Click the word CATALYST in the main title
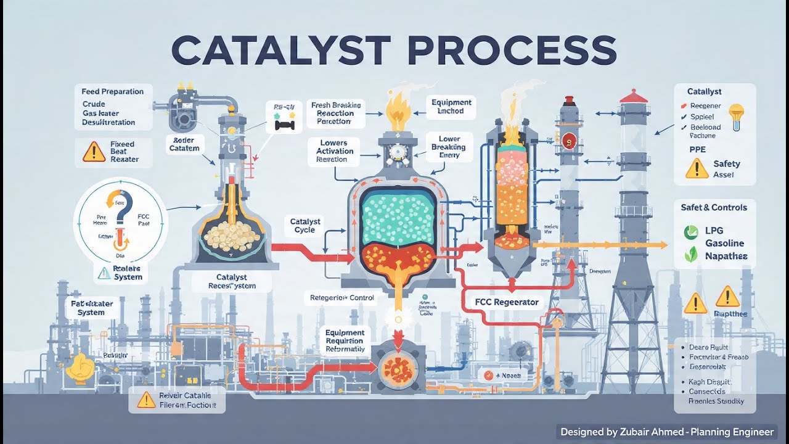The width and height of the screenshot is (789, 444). (x=280, y=51)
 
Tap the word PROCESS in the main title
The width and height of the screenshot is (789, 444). (x=511, y=51)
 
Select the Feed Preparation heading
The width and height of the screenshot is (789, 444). (x=113, y=91)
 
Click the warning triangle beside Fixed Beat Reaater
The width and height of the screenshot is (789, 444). (x=94, y=151)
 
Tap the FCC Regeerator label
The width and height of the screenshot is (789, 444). (x=507, y=302)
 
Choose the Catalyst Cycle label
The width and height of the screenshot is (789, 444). (x=306, y=226)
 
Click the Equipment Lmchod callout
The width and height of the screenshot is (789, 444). (x=451, y=107)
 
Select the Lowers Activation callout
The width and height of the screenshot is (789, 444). (x=335, y=150)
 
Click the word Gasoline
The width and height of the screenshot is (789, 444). (x=725, y=244)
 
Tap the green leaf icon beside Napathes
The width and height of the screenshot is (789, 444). (x=691, y=253)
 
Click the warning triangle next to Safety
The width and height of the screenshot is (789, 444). (x=697, y=168)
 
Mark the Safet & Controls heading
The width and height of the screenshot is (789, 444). (x=714, y=207)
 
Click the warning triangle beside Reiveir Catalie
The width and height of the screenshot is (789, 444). (x=146, y=400)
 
